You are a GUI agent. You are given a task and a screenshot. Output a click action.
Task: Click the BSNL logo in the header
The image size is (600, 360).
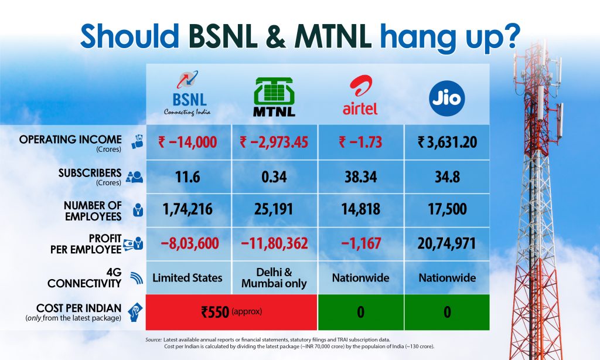[187, 93]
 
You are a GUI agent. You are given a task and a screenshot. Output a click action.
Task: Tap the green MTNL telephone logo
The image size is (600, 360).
[274, 97]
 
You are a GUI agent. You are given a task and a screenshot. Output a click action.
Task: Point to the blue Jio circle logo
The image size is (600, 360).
[447, 99]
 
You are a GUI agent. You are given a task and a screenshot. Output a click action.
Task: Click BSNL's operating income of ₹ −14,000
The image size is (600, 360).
[187, 142]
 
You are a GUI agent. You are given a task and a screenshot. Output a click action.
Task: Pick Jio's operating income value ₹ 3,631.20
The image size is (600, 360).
[447, 142]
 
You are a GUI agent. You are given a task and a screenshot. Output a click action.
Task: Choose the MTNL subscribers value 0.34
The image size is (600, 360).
[274, 177]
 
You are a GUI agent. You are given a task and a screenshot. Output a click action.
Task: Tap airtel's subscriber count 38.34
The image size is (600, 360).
[360, 177]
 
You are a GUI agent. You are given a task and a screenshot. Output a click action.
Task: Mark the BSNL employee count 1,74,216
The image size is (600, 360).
[187, 209]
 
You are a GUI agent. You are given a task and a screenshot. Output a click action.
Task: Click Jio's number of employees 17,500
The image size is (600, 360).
[447, 209]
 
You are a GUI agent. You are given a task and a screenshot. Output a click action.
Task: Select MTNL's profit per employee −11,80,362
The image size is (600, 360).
[274, 243]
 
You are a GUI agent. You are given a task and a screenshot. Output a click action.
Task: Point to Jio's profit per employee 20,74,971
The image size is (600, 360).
[447, 243]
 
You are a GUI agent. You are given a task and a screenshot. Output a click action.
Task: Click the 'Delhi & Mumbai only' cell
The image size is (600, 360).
[274, 278]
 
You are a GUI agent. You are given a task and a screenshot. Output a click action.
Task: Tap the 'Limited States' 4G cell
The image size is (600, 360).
[187, 278]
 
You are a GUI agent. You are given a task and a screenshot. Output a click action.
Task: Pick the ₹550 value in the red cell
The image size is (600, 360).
[215, 312]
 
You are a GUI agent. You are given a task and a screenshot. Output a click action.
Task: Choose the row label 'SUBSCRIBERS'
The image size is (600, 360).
[90, 173]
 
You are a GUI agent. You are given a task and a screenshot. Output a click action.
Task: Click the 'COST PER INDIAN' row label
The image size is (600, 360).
[79, 308]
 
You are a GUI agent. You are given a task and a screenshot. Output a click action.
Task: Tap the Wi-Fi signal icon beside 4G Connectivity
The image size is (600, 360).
[136, 278]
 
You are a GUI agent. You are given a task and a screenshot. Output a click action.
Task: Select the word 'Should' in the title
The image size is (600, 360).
[129, 36]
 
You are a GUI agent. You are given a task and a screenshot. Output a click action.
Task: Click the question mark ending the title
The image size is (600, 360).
[512, 35]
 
